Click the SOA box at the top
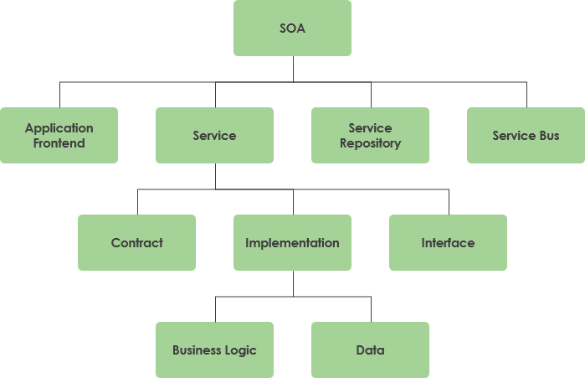tap(292, 28)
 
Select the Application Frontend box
tap(59, 135)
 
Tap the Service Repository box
tap(370, 135)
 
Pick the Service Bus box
tap(526, 135)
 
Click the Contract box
tap(136, 243)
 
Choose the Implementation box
tap(292, 243)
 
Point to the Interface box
tap(448, 243)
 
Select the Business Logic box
tap(214, 350)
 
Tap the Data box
tap(370, 350)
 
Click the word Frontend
tap(59, 143)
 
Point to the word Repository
tap(370, 143)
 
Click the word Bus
tap(549, 136)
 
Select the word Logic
tap(240, 350)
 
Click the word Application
tap(59, 128)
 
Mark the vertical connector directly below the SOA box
tap(293, 69)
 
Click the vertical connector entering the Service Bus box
tap(526, 95)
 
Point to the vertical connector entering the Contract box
tap(137, 202)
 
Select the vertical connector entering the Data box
tap(371, 309)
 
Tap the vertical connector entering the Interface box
tap(449, 202)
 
